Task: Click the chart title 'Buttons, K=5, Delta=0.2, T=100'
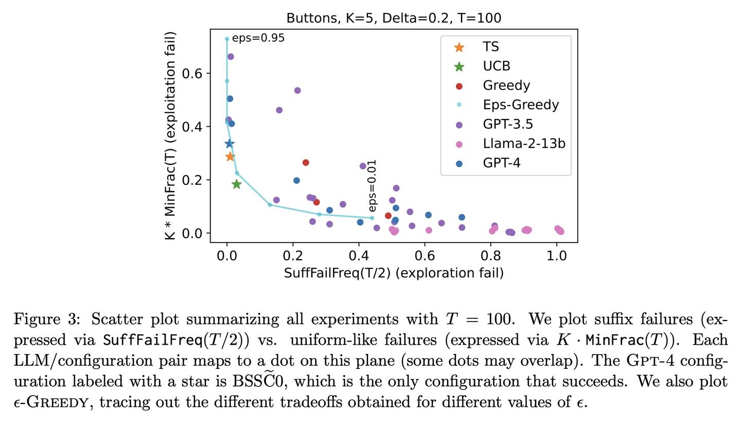click(x=394, y=18)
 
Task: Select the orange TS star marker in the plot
click(x=230, y=157)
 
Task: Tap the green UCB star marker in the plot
click(x=236, y=184)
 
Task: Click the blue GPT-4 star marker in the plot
click(x=230, y=144)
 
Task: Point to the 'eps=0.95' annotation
click(x=258, y=38)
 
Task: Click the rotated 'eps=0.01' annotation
click(x=373, y=185)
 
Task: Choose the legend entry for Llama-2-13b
click(x=523, y=144)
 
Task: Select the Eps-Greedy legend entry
click(x=520, y=105)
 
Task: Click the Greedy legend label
click(x=506, y=86)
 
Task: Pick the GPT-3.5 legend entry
click(x=507, y=124)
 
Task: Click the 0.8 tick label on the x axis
click(x=490, y=256)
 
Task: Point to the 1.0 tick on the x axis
click(x=556, y=256)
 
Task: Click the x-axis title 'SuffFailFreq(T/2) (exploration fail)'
click(x=394, y=273)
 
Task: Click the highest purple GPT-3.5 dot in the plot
click(x=231, y=57)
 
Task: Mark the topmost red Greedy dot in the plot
click(x=306, y=163)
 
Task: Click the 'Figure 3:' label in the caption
click(x=47, y=319)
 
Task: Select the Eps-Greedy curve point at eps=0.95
click(x=227, y=39)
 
